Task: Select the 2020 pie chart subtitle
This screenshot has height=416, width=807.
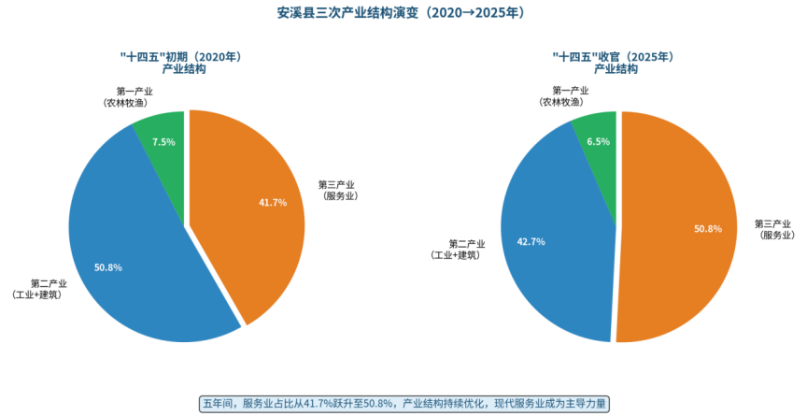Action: click(183, 63)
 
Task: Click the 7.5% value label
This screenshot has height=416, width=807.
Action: click(163, 142)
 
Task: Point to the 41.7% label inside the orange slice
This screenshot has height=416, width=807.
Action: click(273, 202)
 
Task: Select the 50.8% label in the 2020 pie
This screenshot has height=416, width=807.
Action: click(108, 267)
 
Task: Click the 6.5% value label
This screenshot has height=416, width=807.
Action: click(598, 142)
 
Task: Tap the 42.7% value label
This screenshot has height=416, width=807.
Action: click(531, 241)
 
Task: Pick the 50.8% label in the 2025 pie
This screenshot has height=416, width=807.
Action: click(707, 228)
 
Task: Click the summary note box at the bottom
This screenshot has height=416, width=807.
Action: click(403, 404)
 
